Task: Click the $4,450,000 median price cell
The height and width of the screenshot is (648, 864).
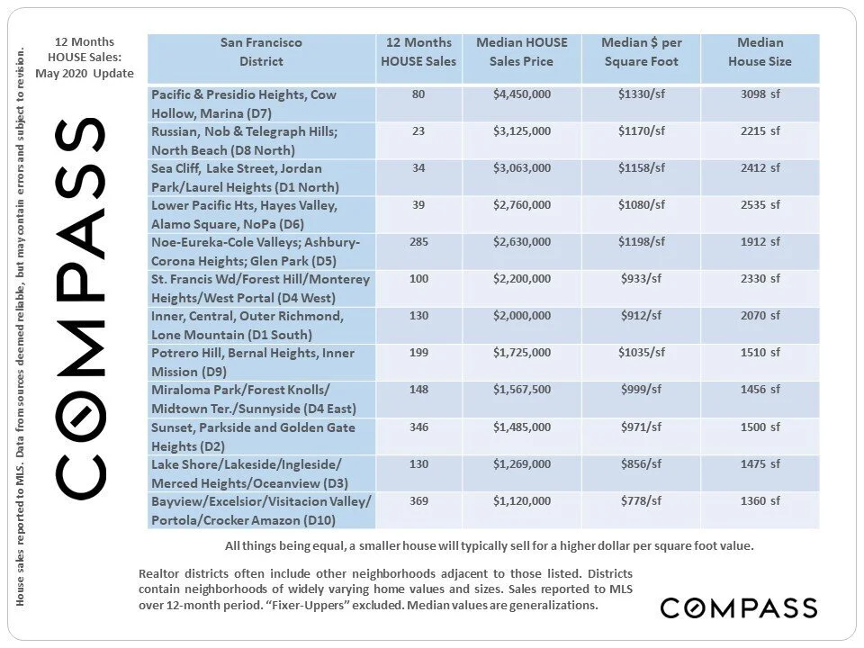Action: (522, 94)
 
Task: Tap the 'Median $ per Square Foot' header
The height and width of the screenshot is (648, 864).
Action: (642, 52)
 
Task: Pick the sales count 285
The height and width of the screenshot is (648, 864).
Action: (418, 242)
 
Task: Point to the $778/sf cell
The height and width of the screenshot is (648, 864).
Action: (642, 500)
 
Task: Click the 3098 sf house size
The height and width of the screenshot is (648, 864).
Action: (760, 94)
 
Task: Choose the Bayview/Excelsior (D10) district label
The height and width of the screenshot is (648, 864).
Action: (261, 510)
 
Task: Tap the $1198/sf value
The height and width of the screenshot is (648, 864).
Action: (642, 242)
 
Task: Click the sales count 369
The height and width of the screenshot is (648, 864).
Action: (418, 500)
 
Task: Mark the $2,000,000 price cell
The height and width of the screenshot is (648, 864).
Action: (522, 316)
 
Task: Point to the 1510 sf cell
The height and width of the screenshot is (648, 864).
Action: (760, 353)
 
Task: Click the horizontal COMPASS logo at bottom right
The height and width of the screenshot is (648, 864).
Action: (738, 607)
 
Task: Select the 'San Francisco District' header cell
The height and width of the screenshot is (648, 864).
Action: (261, 52)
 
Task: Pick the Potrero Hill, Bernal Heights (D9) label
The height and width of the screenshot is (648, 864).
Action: (253, 363)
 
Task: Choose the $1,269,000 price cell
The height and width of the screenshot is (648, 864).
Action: (522, 463)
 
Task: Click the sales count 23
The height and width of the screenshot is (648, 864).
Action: (418, 131)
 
